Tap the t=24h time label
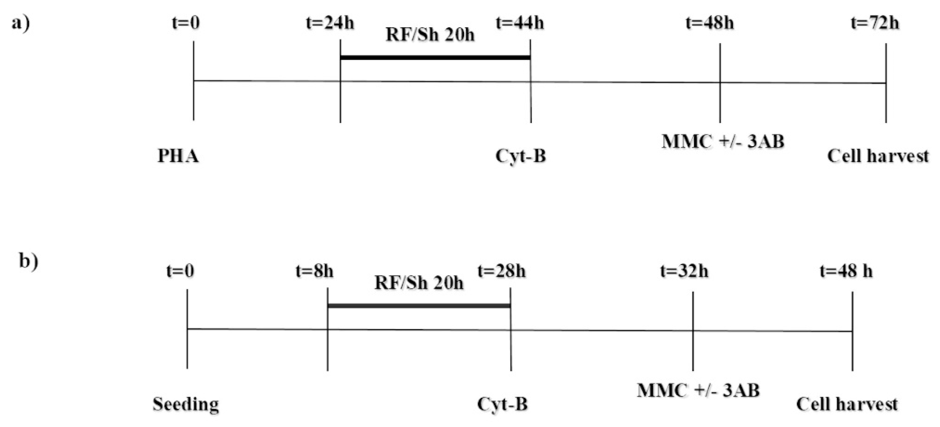[x=330, y=23]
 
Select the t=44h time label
[x=520, y=23]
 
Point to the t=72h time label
[x=875, y=23]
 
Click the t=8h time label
[x=315, y=271]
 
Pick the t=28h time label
[x=501, y=271]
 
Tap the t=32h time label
[x=684, y=271]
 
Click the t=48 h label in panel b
[x=846, y=271]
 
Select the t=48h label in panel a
[x=710, y=23]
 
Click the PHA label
[x=178, y=156]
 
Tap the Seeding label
[x=186, y=404]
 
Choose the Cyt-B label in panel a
[x=521, y=156]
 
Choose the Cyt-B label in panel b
[x=502, y=404]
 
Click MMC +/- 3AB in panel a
[x=723, y=141]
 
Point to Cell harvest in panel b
[x=846, y=404]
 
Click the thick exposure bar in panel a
[x=435, y=57]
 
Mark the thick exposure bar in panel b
[x=419, y=305]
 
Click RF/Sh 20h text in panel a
[x=430, y=35]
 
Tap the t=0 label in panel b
[x=180, y=271]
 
